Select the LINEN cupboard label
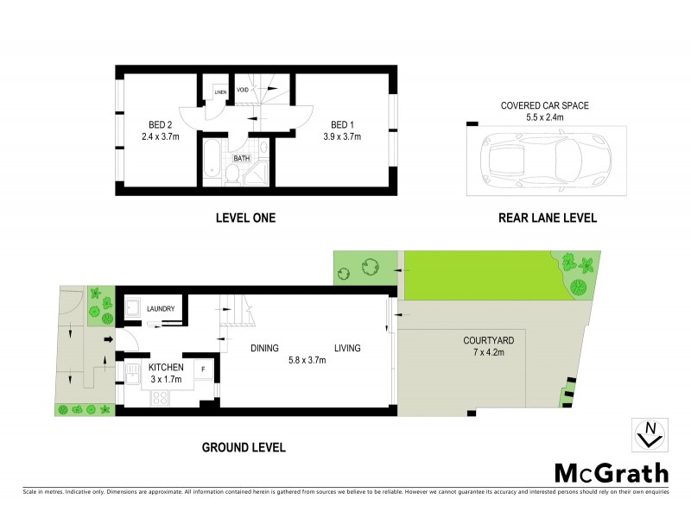click(220, 91)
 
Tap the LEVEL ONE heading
click(245, 218)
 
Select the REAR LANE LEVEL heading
click(548, 218)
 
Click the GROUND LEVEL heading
click(243, 447)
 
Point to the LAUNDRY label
click(162, 309)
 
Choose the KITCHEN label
click(165, 368)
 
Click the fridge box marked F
click(202, 370)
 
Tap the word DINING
click(264, 348)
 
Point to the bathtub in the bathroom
click(212, 161)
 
